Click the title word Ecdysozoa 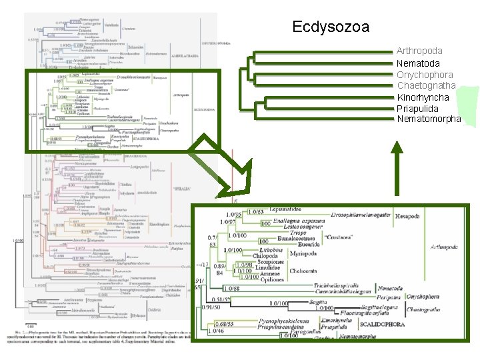(331, 27)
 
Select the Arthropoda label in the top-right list (419, 51)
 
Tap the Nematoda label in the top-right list (418, 63)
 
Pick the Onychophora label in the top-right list (425, 75)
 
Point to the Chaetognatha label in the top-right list (426, 85)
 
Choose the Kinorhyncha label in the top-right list (423, 97)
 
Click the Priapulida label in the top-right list (418, 108)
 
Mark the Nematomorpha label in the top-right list (429, 119)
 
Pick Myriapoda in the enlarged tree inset (304, 254)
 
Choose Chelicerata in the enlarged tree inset (305, 271)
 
